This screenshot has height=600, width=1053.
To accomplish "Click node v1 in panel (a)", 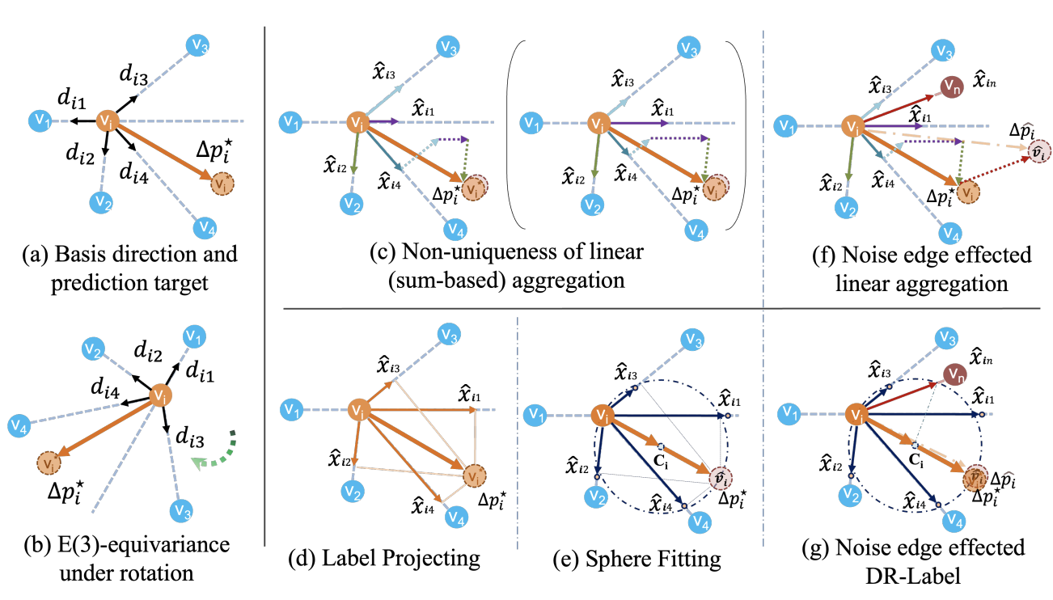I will pos(37,122).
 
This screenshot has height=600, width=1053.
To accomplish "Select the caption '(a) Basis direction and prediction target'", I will pos(129,268).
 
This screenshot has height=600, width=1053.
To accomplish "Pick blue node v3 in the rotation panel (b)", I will pos(181,511).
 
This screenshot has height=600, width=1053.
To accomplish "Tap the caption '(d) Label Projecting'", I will pos(384,558).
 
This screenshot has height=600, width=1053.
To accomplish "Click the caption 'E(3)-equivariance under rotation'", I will pos(129,560).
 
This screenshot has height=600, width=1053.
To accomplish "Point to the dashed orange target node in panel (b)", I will pos(50,465).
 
